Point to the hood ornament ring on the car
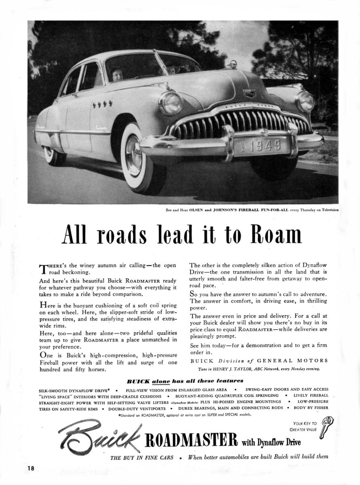[x=234, y=64]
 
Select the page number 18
[x=31, y=468]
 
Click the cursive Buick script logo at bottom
[x=99, y=439]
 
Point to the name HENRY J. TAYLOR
[x=242, y=369]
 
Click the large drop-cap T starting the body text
[x=43, y=268]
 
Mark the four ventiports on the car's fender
[x=102, y=104]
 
